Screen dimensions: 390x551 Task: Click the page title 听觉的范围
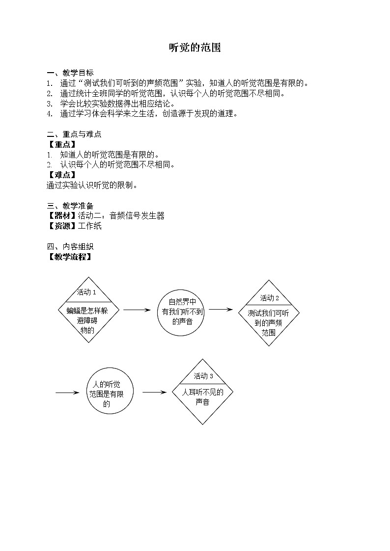coord(195,48)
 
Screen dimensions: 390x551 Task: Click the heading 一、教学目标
coord(70,73)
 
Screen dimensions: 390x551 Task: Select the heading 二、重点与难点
coord(74,134)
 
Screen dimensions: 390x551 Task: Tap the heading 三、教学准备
coord(70,206)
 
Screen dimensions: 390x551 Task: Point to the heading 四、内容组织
coord(70,246)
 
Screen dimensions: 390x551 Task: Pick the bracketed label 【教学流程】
coord(70,257)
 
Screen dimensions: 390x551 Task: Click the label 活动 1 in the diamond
coord(86,292)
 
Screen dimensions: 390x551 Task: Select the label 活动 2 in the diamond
coord(270,298)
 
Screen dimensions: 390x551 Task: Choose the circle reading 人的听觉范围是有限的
coord(110,393)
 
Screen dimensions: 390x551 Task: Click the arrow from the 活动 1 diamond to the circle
coord(136,310)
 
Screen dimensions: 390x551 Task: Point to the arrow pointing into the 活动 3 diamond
coord(154,393)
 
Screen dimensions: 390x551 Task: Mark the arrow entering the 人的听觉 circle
coord(67,393)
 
